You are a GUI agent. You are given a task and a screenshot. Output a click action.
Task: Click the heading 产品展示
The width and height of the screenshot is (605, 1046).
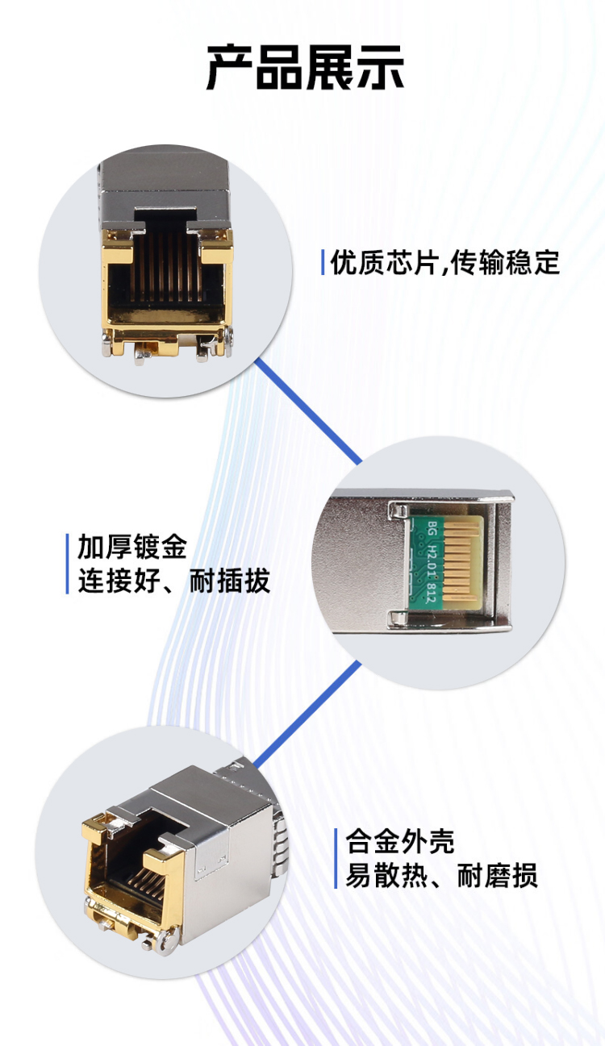pos(305,68)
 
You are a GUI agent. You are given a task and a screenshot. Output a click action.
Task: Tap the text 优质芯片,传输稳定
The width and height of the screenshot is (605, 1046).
pos(445,263)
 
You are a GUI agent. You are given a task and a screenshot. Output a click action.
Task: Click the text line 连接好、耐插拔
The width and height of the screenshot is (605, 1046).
pos(173,581)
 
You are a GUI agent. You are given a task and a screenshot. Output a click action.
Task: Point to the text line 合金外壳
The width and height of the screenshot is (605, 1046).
pos(400,842)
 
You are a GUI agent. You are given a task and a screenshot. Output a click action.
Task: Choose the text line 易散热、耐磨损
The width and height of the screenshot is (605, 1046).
pos(441,876)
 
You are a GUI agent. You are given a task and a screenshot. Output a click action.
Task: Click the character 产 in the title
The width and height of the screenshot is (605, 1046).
pos(231,68)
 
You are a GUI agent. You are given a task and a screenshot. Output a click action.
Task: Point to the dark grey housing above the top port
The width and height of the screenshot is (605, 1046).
pos(165,181)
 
